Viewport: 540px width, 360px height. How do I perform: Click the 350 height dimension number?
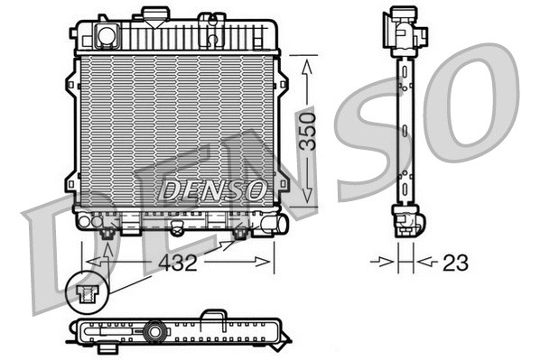309,132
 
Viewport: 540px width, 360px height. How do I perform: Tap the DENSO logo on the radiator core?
213,189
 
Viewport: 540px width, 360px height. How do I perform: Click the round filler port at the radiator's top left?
107,36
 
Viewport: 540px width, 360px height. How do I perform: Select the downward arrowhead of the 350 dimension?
309,199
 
